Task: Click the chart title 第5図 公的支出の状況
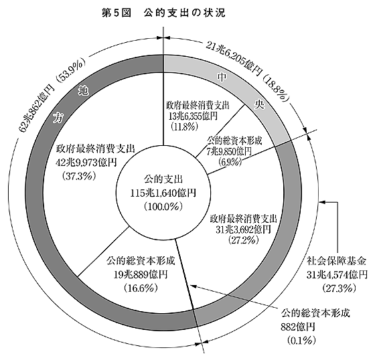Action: click(x=163, y=13)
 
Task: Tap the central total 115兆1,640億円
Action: click(x=163, y=193)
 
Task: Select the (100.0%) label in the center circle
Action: click(x=163, y=206)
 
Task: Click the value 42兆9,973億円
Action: click(x=86, y=163)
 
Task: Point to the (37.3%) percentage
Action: click(x=79, y=176)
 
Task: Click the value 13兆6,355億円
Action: click(x=193, y=116)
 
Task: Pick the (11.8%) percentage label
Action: click(x=184, y=126)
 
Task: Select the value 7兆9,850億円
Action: click(x=229, y=151)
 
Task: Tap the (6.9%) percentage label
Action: click(x=229, y=162)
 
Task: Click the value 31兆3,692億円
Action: click(x=244, y=230)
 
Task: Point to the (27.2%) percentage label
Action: click(x=244, y=240)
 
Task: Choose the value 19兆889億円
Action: click(x=141, y=274)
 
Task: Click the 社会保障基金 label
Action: click(x=337, y=261)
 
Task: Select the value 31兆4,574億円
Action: click(x=337, y=274)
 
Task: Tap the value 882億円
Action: click(x=298, y=327)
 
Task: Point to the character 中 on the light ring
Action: click(x=220, y=77)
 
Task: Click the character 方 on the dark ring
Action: click(x=58, y=118)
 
